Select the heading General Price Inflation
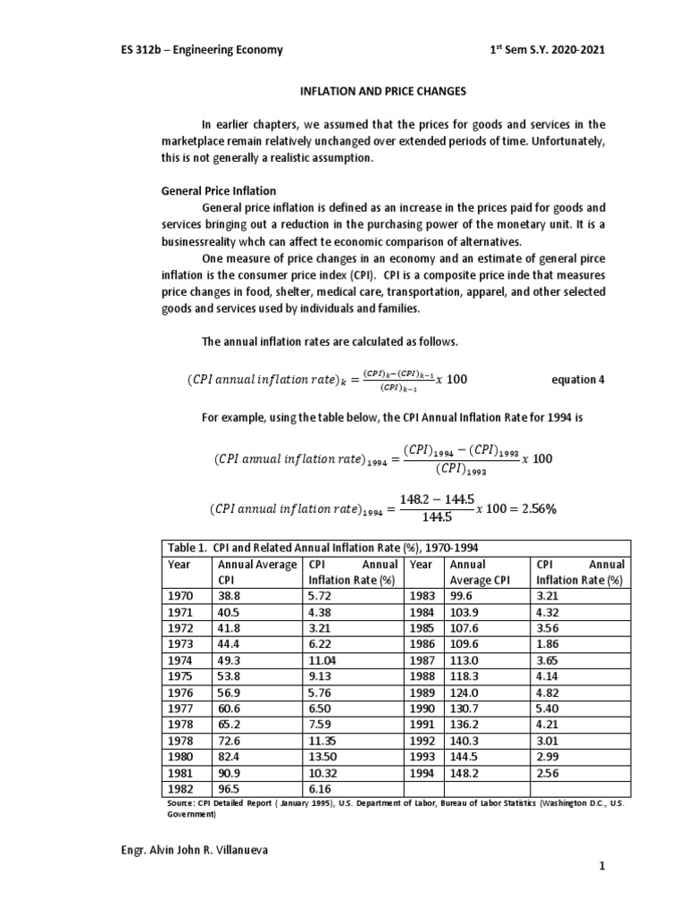coord(218,191)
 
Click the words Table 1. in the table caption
coord(183,548)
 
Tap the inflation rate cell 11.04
coord(323,660)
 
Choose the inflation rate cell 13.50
coord(323,757)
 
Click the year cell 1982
coord(180,789)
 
